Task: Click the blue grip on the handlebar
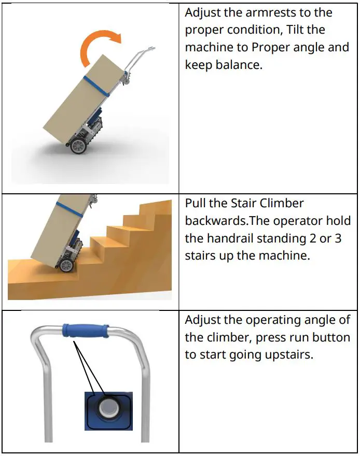(85, 330)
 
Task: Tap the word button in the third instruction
(334, 338)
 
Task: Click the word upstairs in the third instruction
(288, 355)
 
